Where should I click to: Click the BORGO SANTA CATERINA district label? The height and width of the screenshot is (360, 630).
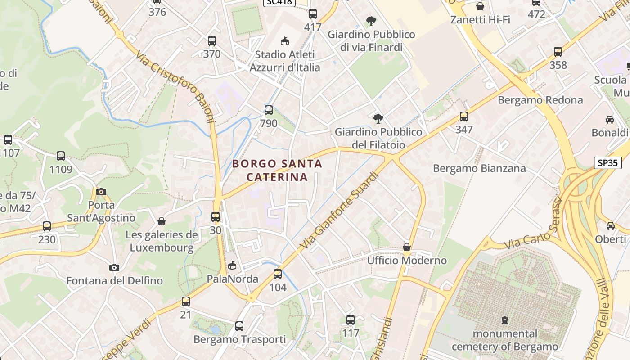click(277, 170)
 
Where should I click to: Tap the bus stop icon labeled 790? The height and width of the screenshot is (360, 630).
click(269, 110)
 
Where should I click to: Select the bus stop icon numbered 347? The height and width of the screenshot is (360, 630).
click(464, 117)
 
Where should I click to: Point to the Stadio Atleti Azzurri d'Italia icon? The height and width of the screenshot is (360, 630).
click(284, 41)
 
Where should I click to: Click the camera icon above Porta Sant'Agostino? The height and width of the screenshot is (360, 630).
click(101, 192)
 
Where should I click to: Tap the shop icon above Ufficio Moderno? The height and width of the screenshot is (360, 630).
click(407, 247)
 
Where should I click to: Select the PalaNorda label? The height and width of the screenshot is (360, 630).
click(232, 279)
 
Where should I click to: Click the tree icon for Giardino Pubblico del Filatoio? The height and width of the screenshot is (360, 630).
click(378, 119)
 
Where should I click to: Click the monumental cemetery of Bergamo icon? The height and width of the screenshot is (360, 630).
click(505, 320)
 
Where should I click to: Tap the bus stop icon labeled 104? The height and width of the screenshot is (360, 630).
click(278, 274)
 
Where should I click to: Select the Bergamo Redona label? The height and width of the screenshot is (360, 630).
click(540, 100)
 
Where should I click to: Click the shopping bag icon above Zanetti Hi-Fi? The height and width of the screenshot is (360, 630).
click(480, 6)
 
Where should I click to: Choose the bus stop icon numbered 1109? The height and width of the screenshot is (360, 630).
click(61, 156)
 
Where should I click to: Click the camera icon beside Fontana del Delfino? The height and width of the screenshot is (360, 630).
click(114, 267)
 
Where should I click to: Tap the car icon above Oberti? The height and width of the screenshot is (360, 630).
click(610, 225)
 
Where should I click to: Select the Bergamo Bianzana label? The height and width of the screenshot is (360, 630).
click(479, 168)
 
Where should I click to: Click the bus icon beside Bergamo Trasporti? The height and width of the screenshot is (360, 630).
click(239, 326)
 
